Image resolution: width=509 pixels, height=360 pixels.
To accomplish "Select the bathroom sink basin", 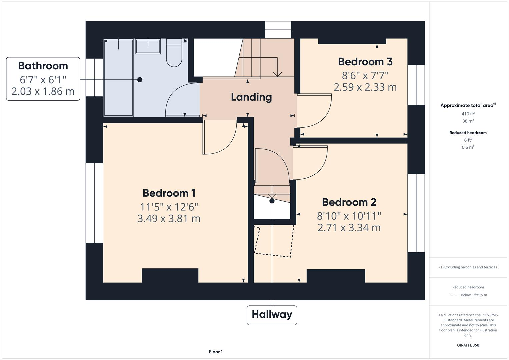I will coord(148,46).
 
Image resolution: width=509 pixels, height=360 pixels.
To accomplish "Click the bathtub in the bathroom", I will coord(118,77).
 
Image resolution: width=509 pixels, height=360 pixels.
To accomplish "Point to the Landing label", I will coord(251,97).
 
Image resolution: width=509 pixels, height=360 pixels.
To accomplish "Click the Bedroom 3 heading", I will coord(365,62).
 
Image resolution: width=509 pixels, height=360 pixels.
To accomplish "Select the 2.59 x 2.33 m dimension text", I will coord(365,87).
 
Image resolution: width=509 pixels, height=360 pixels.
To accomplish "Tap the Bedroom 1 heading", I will coord(169,193).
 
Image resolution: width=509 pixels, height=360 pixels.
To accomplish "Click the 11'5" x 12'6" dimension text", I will coord(169,207).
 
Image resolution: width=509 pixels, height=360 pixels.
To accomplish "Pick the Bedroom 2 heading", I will coord(349,202).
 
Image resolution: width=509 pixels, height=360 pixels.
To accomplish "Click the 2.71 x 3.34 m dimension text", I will coord(349,228).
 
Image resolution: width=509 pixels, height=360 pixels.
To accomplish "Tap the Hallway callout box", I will coord(272,315).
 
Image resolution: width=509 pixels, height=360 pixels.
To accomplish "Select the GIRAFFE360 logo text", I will coord(468,345).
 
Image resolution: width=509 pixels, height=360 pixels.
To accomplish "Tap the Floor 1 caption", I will coord(216,352).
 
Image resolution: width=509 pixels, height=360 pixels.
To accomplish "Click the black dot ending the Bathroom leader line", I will coord(140,80).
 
